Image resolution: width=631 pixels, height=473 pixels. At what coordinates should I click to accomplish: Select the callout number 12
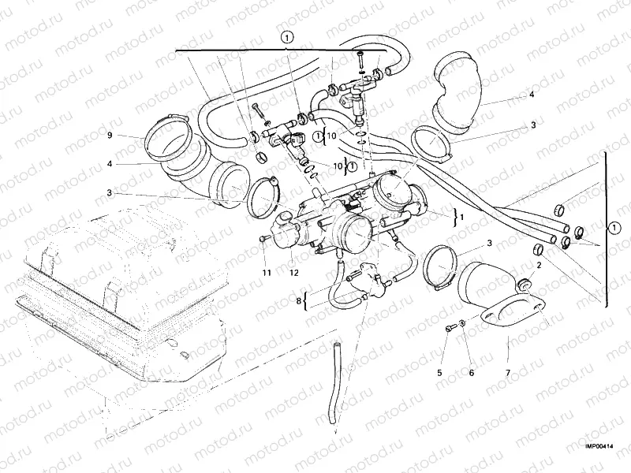(x=293, y=273)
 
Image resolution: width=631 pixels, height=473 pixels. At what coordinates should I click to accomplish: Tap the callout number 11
(x=267, y=273)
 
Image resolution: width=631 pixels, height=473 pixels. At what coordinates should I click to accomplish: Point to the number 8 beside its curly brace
(x=300, y=300)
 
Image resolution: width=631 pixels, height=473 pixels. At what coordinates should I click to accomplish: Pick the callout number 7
(x=507, y=372)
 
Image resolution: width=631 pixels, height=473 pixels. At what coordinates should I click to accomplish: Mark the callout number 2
(x=538, y=266)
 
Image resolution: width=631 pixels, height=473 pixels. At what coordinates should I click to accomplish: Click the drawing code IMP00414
(x=599, y=445)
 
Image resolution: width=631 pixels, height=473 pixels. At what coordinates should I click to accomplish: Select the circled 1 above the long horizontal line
(x=287, y=36)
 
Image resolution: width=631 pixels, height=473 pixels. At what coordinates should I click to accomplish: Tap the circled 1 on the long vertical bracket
(x=614, y=229)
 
